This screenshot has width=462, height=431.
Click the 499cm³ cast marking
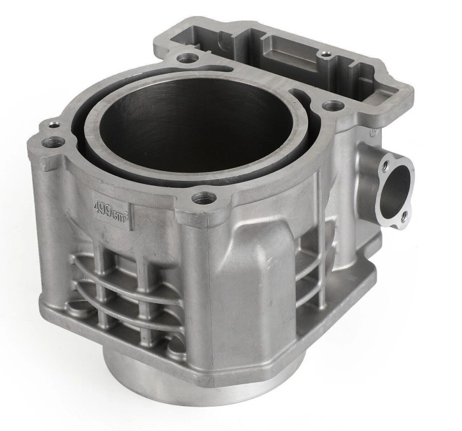tap(112, 211)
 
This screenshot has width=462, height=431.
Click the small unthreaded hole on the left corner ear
tap(53, 125)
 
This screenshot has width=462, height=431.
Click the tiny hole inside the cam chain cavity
tap(325, 54)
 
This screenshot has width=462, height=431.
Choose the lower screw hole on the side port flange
tap(404, 217)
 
